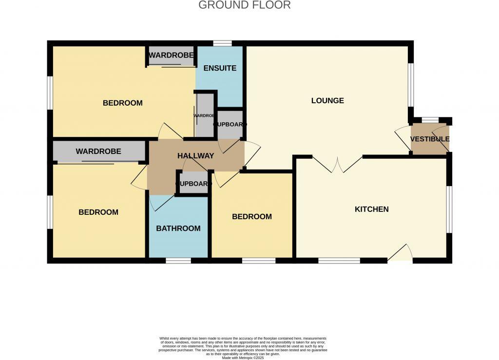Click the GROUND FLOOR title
[245, 5]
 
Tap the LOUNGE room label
[327, 101]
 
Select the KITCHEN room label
[371, 209]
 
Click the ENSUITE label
[220, 68]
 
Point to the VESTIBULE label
[429, 139]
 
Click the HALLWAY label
[195, 156]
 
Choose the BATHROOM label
[178, 228]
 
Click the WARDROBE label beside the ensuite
[171, 56]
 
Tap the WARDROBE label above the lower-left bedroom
[98, 152]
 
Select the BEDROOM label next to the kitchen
[251, 217]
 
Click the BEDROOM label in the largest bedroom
[123, 103]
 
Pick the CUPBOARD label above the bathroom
[193, 184]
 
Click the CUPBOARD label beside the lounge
[230, 125]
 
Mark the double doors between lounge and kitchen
[336, 165]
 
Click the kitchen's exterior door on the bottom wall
[400, 254]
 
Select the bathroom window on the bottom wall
[178, 261]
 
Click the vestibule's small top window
[430, 120]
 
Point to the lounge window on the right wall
[411, 85]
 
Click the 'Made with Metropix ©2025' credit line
[243, 358]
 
